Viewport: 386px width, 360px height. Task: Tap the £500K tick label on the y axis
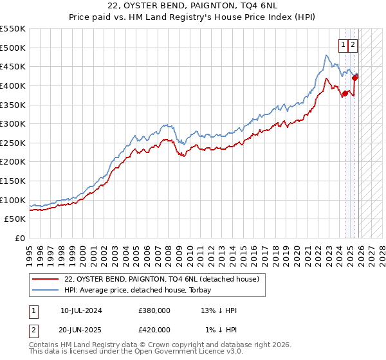coord(13,48)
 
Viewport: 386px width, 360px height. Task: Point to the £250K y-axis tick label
coord(13,143)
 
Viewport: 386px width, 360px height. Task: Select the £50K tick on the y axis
coord(15,219)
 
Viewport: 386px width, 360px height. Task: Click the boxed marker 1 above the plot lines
coord(343,44)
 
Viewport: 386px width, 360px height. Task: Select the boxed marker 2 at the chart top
coord(354,44)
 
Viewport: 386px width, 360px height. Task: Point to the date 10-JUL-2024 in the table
coord(81,310)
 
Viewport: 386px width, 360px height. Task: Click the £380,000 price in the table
coord(154,310)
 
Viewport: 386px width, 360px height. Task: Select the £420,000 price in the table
coord(154,329)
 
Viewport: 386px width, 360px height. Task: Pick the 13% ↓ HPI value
coord(219,310)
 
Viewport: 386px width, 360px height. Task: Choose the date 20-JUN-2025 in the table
coord(81,329)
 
